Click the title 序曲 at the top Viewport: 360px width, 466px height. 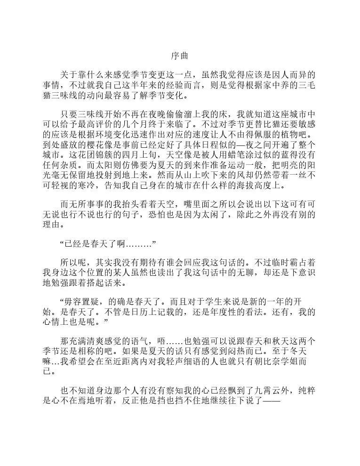(179, 56)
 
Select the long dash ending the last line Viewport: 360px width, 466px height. (270, 403)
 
